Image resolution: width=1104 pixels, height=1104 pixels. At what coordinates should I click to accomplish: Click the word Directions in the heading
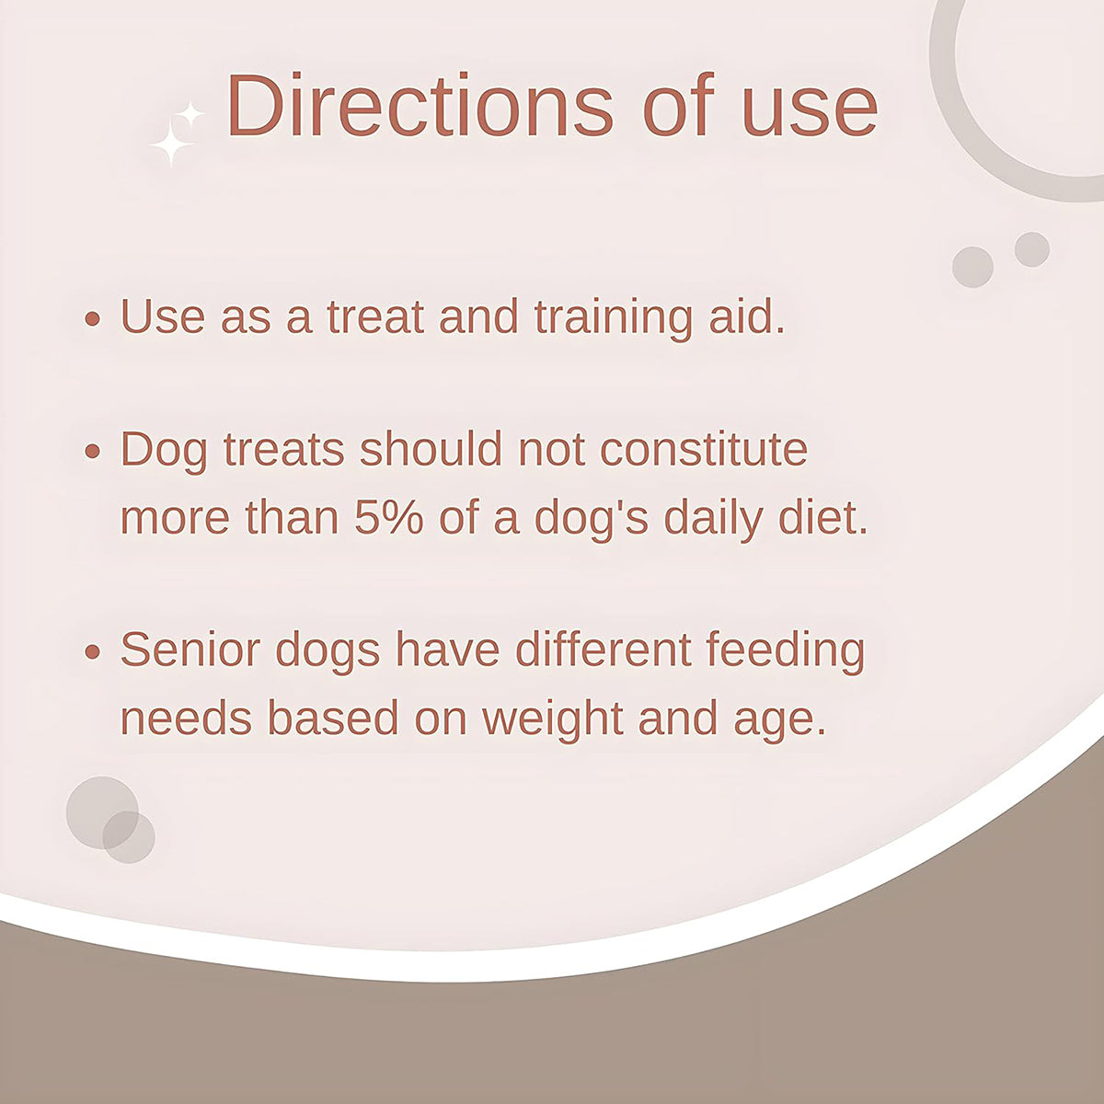pyautogui.click(x=420, y=106)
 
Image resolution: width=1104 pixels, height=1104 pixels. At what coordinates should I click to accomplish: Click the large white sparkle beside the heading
pyautogui.click(x=172, y=146)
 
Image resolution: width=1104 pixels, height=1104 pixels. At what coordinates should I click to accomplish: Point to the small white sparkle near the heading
pyautogui.click(x=190, y=115)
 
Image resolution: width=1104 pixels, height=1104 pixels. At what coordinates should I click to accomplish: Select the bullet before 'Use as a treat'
pyautogui.click(x=92, y=318)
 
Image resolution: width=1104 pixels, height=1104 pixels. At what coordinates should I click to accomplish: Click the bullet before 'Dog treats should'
pyautogui.click(x=92, y=452)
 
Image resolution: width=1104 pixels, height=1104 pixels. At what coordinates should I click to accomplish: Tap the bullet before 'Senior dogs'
pyautogui.click(x=92, y=652)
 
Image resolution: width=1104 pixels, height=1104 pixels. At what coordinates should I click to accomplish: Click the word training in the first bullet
pyautogui.click(x=613, y=318)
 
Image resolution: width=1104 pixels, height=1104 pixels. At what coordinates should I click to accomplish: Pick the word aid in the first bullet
pyautogui.click(x=747, y=316)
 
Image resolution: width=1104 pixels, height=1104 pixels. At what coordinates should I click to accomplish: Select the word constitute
pyautogui.click(x=704, y=449)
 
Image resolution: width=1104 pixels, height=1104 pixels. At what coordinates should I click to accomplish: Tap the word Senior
pyautogui.click(x=190, y=650)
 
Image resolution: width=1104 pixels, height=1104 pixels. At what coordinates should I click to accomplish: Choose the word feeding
pyautogui.click(x=785, y=652)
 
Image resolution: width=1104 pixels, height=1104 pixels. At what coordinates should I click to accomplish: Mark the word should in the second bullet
pyautogui.click(x=431, y=449)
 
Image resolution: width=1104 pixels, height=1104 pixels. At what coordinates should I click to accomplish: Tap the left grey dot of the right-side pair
pyautogui.click(x=972, y=267)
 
